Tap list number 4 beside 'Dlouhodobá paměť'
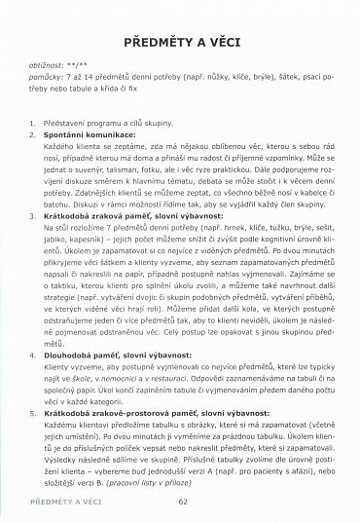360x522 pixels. (33, 384)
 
